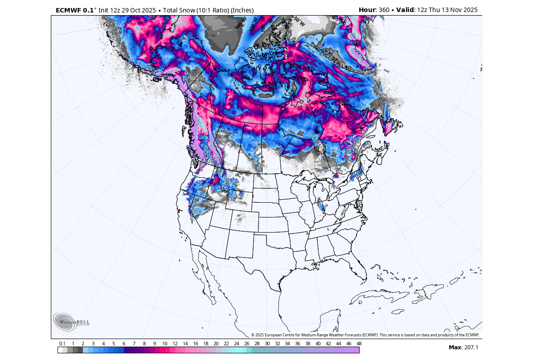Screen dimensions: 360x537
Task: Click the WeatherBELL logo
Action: pos(71,322)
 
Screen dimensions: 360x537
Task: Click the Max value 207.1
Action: pos(469,347)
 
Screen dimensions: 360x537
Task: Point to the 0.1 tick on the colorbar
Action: pos(62,344)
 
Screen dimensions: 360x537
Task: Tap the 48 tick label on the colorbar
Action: pos(359,344)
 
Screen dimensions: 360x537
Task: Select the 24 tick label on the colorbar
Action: pos(236,344)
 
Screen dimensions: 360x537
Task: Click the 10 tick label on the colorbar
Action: pos(165,344)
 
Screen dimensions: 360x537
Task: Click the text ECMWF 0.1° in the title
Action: pos(74,10)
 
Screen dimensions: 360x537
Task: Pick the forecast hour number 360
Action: pos(384,10)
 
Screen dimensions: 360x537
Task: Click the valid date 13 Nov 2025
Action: pos(457,10)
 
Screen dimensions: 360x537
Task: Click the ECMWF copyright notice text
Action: pos(365,335)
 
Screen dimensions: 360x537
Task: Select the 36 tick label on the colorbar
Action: pos(297,344)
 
